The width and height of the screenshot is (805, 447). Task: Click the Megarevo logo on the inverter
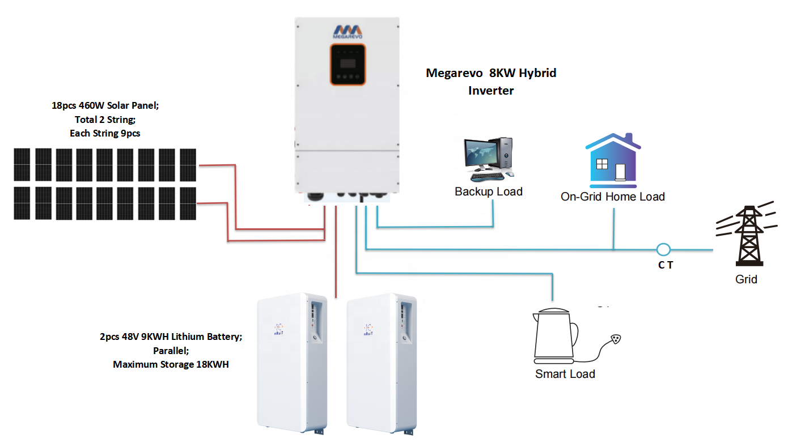(347, 31)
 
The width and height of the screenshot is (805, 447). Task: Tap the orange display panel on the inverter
(347, 65)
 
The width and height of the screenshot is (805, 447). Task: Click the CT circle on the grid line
(663, 249)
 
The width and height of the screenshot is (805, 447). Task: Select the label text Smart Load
(565, 374)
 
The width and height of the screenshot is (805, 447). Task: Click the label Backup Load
(488, 191)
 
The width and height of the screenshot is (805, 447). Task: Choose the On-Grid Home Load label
(612, 197)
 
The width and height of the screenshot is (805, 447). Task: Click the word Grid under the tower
(746, 279)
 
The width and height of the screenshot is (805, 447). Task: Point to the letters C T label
(666, 265)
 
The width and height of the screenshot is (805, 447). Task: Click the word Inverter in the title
(491, 90)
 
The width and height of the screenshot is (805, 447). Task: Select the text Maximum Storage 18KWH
(171, 364)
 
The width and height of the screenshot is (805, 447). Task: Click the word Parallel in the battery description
(171, 351)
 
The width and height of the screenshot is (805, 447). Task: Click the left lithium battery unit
(291, 363)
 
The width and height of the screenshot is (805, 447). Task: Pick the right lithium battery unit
(381, 363)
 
